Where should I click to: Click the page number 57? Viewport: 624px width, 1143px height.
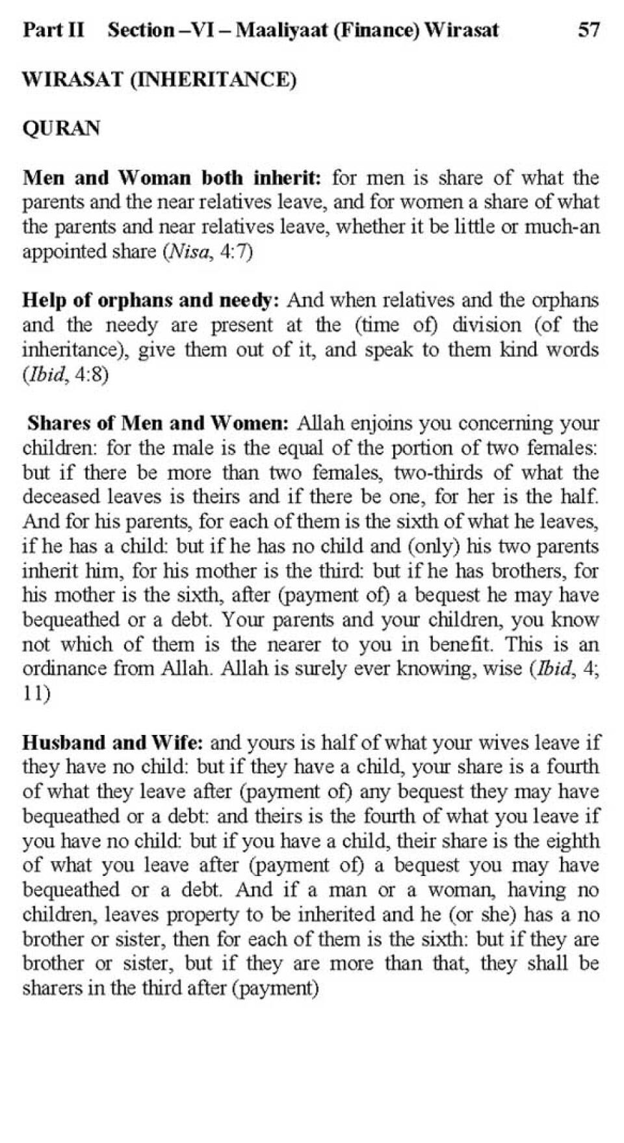click(x=588, y=30)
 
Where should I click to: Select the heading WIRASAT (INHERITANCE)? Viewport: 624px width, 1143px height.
click(x=159, y=79)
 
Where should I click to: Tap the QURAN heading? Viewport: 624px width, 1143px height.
click(x=62, y=128)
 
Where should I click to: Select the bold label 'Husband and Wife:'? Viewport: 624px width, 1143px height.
click(x=114, y=742)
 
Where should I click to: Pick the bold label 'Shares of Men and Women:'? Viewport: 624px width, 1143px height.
click(x=158, y=423)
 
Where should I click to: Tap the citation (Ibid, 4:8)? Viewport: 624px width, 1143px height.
click(x=65, y=375)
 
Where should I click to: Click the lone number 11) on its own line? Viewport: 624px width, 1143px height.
click(x=36, y=693)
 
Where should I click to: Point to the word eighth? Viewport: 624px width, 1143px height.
click(x=573, y=841)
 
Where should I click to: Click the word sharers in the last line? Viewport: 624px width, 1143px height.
click(x=50, y=988)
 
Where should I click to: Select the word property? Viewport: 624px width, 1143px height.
click(x=202, y=915)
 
